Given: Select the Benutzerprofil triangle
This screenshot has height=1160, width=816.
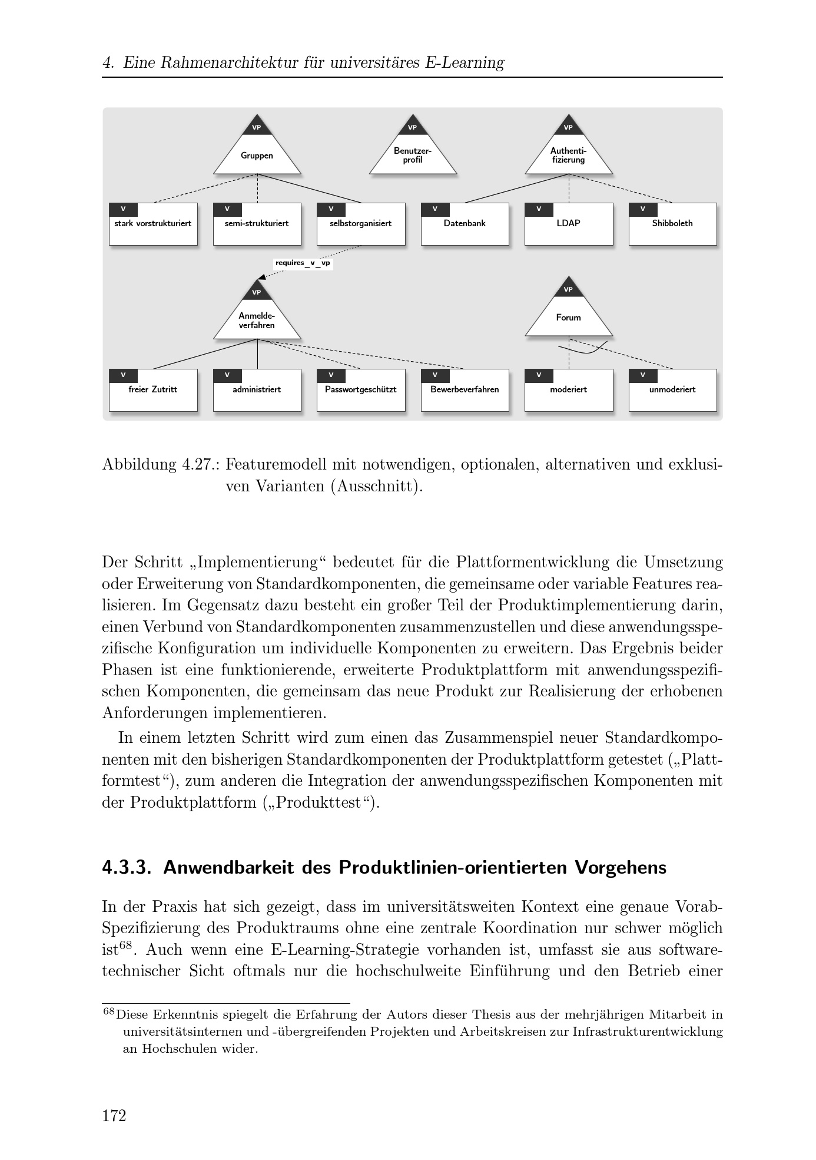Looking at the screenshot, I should click(412, 154).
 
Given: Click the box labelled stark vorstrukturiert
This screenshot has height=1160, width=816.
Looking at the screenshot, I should click(153, 224).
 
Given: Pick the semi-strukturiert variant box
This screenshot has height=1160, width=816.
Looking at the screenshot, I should click(257, 224).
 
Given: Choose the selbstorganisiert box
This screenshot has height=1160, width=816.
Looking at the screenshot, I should click(361, 224).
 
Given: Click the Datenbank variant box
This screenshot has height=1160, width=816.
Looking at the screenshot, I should click(465, 224).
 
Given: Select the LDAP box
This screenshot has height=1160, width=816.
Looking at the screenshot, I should click(568, 224).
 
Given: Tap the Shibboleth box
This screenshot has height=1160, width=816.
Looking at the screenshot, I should click(672, 224).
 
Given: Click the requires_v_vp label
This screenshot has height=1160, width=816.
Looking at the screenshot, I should click(303, 263).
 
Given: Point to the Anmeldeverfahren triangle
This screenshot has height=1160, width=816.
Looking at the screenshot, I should click(257, 318).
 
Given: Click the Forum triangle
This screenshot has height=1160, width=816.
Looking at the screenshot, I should click(568, 315).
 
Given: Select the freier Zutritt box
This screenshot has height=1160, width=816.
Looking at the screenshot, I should click(153, 390).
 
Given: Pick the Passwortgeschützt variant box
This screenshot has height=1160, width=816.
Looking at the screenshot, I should click(361, 390).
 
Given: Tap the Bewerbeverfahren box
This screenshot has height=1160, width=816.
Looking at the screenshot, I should click(465, 390).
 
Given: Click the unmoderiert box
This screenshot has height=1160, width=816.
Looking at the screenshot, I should click(672, 390).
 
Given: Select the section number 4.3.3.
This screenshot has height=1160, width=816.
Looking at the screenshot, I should click(127, 868).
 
